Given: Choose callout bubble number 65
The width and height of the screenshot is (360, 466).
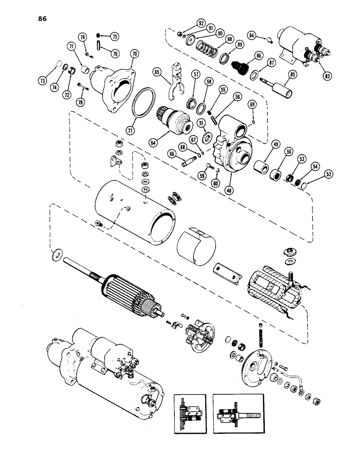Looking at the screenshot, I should [x=157, y=72].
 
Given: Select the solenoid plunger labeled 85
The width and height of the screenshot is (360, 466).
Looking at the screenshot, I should [x=279, y=89].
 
